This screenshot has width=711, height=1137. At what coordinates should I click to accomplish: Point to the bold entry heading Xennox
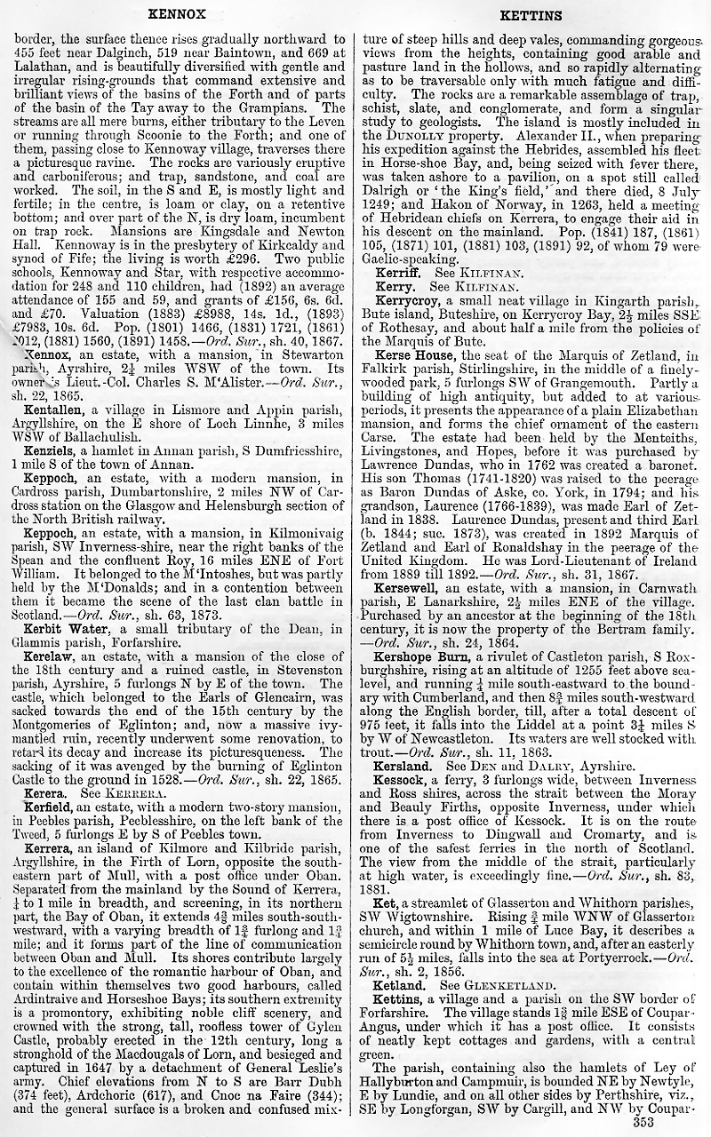pyautogui.click(x=47, y=355)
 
